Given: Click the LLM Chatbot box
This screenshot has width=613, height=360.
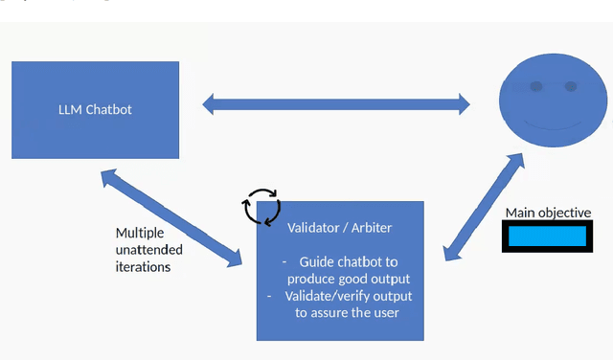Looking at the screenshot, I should tap(95, 109).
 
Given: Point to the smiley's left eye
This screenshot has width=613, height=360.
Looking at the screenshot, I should tap(536, 87).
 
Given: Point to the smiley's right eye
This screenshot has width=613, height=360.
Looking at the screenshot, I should tap(571, 87).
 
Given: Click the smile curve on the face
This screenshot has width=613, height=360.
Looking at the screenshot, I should tap(554, 125).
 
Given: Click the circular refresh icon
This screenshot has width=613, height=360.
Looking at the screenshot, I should tap(261, 205).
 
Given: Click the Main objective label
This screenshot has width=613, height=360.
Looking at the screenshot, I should tap(548, 213).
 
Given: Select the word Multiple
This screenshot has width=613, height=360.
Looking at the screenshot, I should tap(140, 233).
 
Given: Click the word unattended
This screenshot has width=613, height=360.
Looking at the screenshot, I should tap(148, 250).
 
